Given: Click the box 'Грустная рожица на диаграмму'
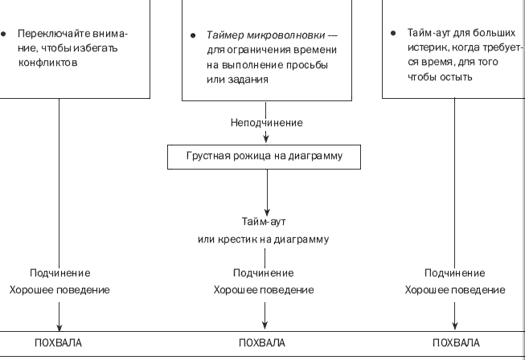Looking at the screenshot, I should [x=266, y=157].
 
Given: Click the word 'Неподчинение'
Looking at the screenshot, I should [x=266, y=122].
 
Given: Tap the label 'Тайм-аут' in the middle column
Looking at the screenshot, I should [x=266, y=221].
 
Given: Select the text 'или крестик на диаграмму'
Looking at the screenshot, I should [x=266, y=239].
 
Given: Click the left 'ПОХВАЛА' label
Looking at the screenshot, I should [x=59, y=343].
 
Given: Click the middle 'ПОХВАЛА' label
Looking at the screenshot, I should [x=262, y=343].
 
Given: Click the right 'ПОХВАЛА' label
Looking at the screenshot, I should [x=455, y=343].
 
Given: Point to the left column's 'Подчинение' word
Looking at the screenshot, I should [x=60, y=273].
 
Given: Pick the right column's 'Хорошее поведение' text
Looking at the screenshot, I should [x=455, y=289].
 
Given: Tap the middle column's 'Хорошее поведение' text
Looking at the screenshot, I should [x=264, y=289].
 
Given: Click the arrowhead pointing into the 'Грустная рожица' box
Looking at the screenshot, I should [x=266, y=140].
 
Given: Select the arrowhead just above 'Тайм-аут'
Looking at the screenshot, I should [x=266, y=207].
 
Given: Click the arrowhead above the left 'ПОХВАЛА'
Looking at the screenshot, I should [x=60, y=326].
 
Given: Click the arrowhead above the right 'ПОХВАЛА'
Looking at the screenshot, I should [x=455, y=326].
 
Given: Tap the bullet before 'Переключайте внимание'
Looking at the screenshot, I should [x=4, y=35].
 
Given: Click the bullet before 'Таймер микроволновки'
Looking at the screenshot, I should [x=194, y=37].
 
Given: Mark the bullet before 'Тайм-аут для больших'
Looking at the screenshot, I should [x=392, y=34].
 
